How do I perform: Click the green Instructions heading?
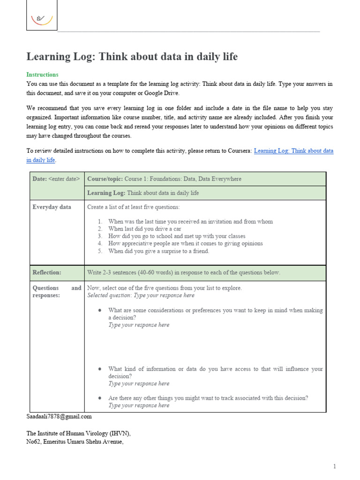[x=42, y=75]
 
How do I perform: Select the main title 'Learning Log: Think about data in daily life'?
[x=132, y=57]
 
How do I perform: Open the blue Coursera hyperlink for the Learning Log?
[x=293, y=151]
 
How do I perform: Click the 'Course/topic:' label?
[x=105, y=179]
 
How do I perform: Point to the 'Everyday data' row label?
[x=52, y=207]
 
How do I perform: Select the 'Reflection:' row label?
[x=47, y=272]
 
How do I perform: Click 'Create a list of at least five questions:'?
[x=133, y=207]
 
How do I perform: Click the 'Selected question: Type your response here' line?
[x=141, y=295]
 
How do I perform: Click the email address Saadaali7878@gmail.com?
[x=59, y=416]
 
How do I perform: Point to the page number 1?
[x=335, y=466]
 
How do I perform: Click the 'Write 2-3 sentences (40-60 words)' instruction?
[x=184, y=272]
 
